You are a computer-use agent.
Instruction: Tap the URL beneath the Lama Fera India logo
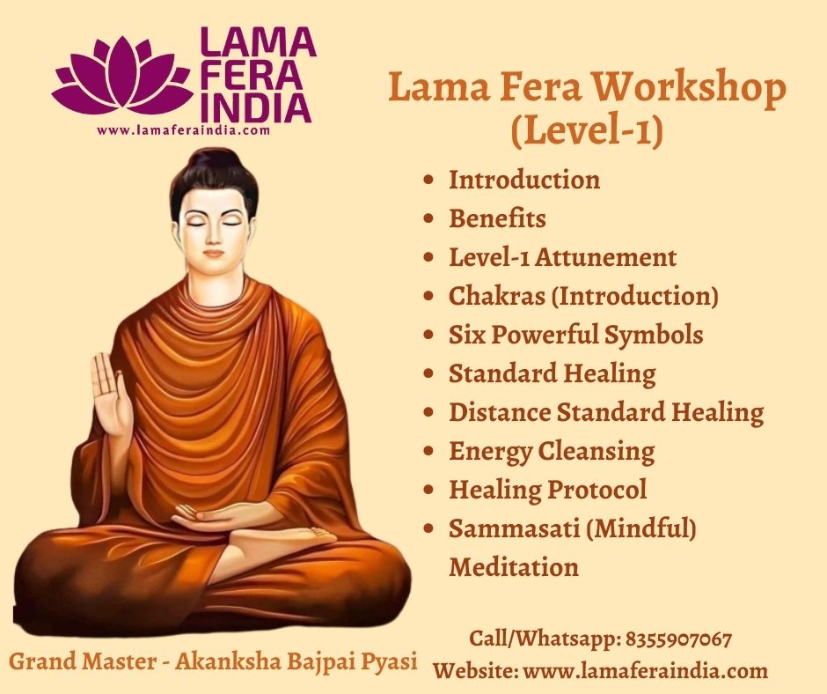(184, 130)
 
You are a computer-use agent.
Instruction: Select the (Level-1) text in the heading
(587, 131)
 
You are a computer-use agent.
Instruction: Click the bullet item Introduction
(524, 180)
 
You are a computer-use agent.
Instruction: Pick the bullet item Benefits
(497, 218)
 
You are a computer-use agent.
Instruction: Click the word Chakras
(497, 296)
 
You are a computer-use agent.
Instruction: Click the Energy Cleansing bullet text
(552, 452)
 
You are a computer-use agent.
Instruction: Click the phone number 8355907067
(679, 639)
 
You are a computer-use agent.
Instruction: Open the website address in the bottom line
(646, 671)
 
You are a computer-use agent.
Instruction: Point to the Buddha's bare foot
(285, 536)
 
